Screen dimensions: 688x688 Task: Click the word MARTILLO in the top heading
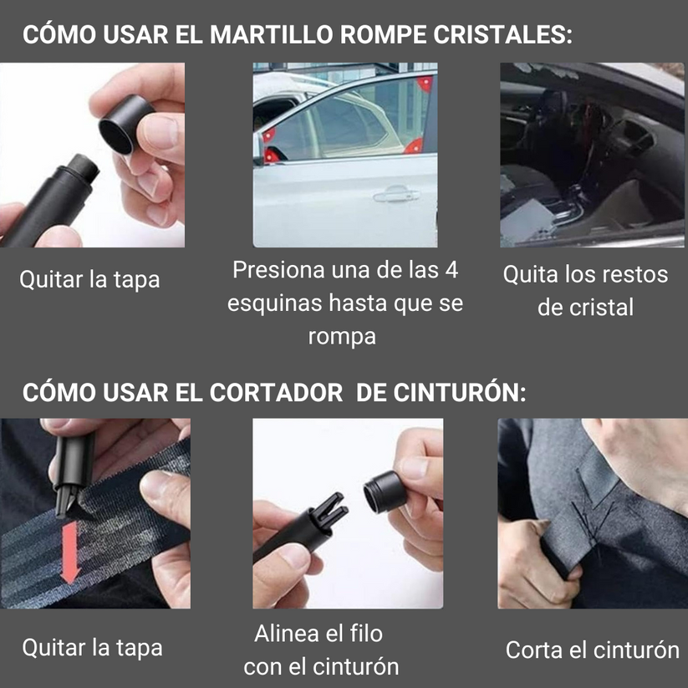point(272,34)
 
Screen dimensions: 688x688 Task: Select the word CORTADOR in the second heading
point(276,392)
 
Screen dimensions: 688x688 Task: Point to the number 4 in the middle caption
point(451,270)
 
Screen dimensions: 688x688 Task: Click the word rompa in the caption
point(342,337)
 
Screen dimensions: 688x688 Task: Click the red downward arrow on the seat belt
point(69,553)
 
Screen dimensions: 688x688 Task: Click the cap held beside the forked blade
point(385,492)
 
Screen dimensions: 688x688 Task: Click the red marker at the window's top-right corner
point(425,83)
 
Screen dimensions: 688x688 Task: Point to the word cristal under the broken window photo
point(601,307)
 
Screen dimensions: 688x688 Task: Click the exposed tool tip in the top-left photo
point(84,169)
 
